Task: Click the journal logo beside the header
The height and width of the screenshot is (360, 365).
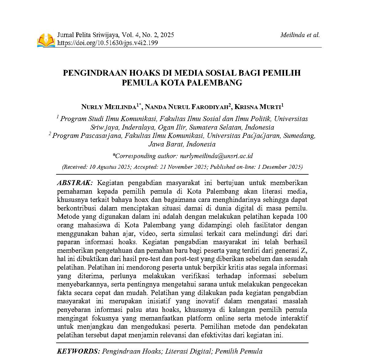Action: coord(46,40)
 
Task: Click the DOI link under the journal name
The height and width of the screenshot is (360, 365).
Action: coord(108,43)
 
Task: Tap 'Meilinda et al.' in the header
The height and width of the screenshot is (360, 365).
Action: coord(300,35)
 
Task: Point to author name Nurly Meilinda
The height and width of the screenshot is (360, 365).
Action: coord(109,107)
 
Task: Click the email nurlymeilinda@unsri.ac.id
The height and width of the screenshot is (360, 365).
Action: coord(216,156)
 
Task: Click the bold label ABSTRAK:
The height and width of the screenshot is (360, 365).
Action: coord(75,183)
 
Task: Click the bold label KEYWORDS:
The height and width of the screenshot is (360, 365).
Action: coord(78,351)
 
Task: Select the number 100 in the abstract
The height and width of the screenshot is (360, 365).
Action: coord(302,217)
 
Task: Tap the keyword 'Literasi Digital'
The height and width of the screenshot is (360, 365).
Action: coord(188,351)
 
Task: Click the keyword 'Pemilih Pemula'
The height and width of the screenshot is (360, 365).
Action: coord(239,351)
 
